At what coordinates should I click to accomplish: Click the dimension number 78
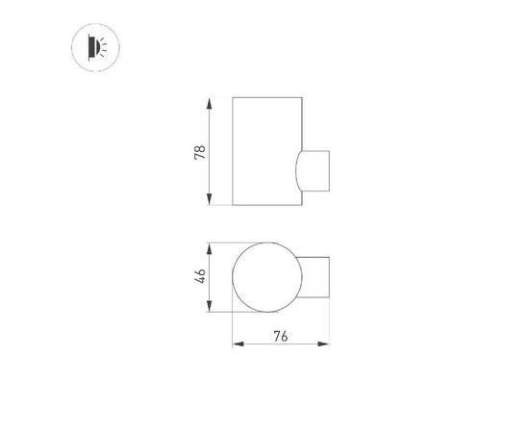[x=200, y=151]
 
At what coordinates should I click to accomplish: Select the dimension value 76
[x=281, y=336]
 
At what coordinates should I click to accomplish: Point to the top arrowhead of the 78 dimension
[x=211, y=101]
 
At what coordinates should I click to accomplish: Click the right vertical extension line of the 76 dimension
[x=331, y=327]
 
